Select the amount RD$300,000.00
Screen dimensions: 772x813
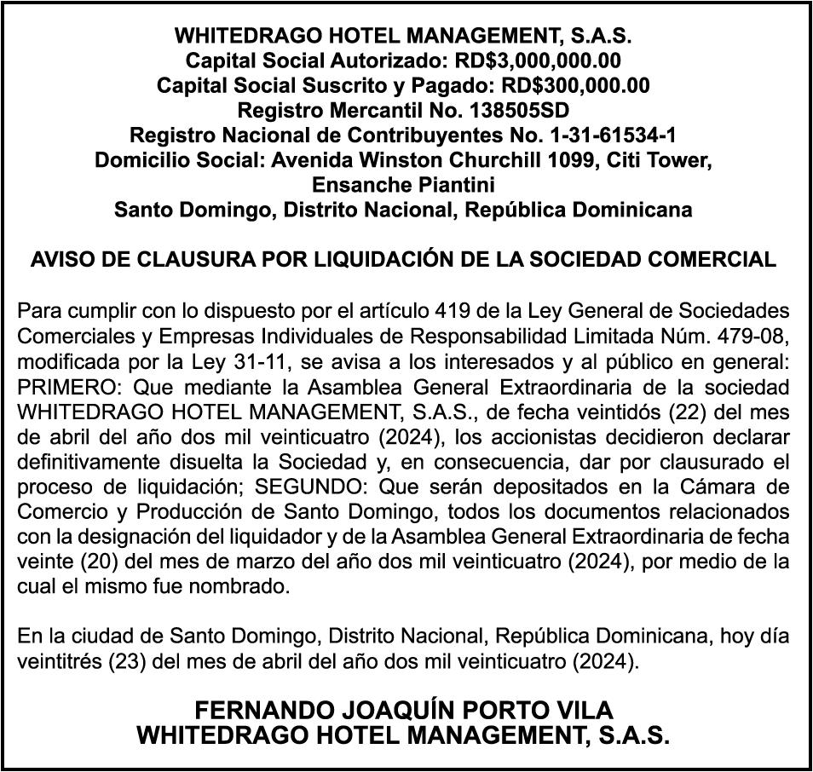[575, 86]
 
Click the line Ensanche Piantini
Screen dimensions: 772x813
[403, 185]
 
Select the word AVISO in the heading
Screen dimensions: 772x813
[60, 260]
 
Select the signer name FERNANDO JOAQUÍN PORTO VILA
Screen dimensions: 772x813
[403, 710]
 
